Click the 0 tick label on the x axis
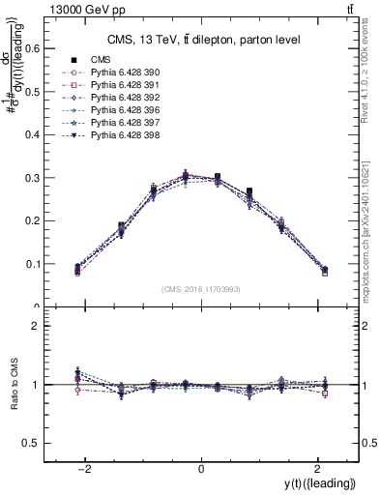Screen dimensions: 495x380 [x=201, y=469]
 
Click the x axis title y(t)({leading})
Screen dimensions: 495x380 [x=320, y=482]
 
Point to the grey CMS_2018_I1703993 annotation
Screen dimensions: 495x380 [x=201, y=289]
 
